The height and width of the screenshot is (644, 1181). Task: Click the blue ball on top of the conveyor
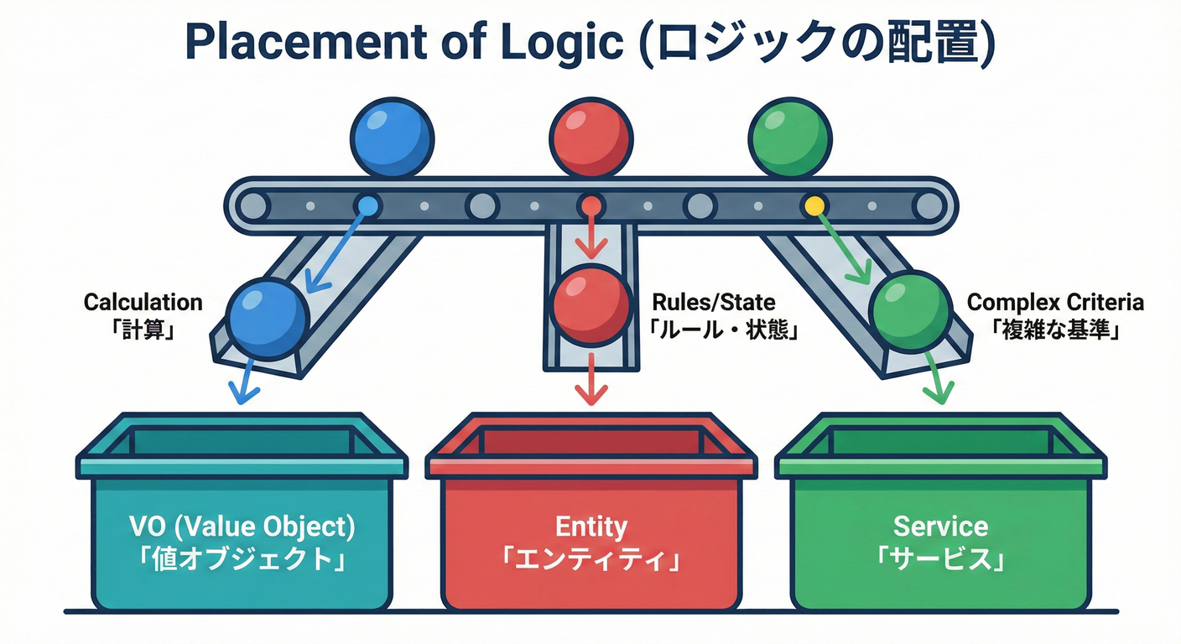[393, 137]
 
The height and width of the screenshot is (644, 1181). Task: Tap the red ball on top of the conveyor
[590, 137]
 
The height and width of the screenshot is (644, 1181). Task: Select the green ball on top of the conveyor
[788, 137]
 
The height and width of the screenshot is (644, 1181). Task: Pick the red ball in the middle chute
[591, 304]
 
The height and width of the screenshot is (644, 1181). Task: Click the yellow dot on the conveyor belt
[813, 205]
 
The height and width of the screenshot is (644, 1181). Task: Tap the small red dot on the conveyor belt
[591, 205]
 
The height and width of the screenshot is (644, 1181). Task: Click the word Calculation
[143, 302]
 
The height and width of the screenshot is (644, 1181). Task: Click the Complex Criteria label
[1055, 302]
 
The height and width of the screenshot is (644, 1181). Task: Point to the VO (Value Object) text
[242, 527]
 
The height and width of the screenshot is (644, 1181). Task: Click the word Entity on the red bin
[591, 527]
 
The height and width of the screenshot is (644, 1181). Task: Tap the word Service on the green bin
[940, 527]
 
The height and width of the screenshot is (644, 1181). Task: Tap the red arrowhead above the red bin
[591, 394]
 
